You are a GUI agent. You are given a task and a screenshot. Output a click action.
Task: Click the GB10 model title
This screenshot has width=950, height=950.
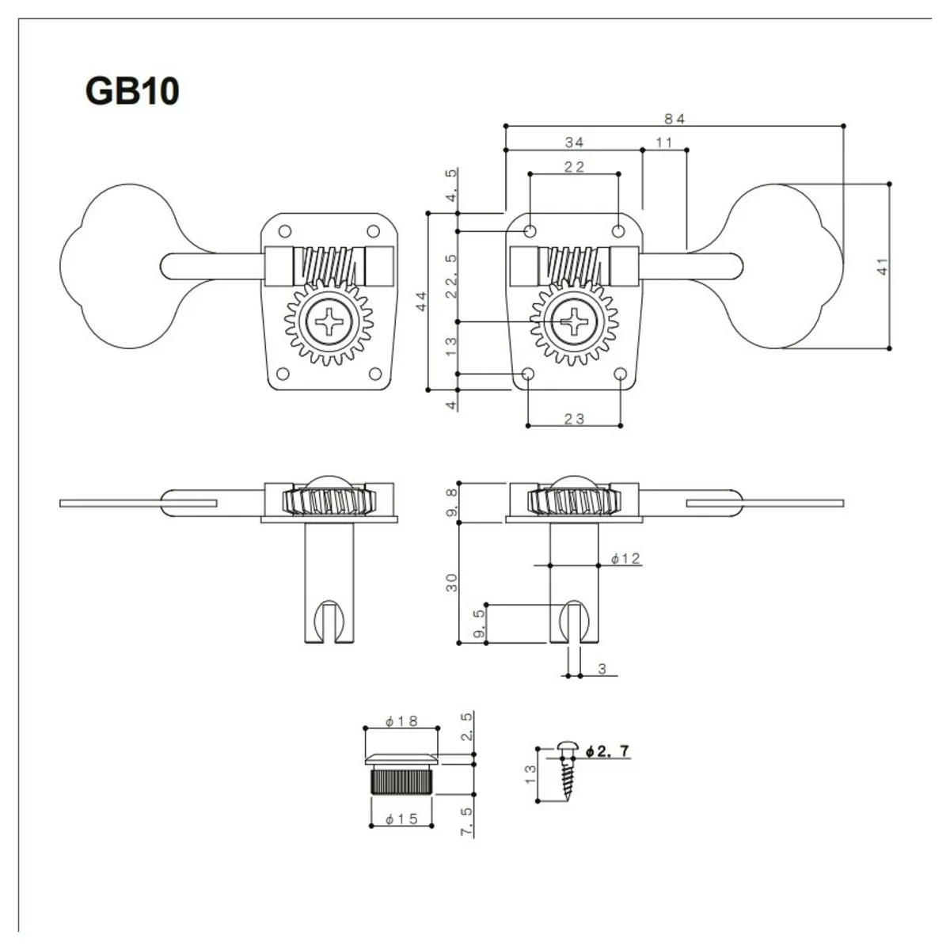pos(132,92)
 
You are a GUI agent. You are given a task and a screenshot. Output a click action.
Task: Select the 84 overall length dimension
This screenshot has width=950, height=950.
pos(674,119)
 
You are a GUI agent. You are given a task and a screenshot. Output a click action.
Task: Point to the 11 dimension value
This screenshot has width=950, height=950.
pos(664,142)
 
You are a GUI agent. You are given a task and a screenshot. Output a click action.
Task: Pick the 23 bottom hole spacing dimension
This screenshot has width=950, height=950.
pos(575,419)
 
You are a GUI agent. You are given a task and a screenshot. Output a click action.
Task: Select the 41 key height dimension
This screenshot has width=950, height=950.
pos(883,266)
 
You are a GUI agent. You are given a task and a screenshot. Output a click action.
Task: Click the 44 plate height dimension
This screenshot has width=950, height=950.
pos(421,301)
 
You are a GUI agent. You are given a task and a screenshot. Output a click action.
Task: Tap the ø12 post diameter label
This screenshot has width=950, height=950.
pos(625,559)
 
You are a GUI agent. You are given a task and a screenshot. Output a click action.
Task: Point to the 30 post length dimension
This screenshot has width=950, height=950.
pos(452,583)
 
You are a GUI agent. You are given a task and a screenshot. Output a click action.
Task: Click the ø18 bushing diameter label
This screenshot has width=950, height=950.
pos(401,721)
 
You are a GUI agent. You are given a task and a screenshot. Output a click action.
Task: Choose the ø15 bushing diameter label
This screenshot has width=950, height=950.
pos(401,820)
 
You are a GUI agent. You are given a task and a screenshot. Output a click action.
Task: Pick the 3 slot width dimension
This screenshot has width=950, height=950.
pos(602,670)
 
